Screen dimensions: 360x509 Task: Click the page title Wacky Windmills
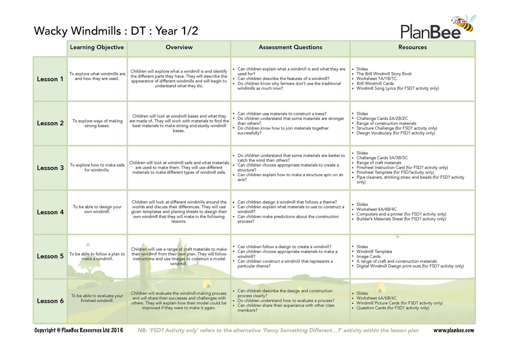click(77, 31)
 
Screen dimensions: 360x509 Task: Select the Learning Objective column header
click(97, 48)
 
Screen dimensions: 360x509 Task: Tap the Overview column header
click(179, 48)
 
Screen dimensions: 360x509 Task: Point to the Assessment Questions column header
click(290, 48)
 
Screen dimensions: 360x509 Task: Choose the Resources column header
click(413, 48)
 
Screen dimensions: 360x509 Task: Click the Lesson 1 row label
click(50, 79)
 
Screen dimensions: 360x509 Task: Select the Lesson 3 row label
click(50, 168)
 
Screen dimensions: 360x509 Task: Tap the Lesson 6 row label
click(50, 301)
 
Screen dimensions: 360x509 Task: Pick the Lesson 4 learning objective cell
click(97, 209)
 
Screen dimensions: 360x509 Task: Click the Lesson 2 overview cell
click(179, 123)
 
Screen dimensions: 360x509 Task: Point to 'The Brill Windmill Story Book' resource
click(384, 74)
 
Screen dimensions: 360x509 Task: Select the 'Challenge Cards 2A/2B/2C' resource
click(382, 118)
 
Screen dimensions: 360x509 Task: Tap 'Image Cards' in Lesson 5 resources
click(369, 257)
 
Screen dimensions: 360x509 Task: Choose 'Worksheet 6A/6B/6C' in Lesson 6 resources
click(376, 298)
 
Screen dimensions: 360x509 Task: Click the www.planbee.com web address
click(454, 330)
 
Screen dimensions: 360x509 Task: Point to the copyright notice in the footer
click(79, 330)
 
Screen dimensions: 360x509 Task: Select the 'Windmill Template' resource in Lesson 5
click(374, 252)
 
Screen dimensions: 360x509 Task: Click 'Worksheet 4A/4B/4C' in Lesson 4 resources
click(376, 209)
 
